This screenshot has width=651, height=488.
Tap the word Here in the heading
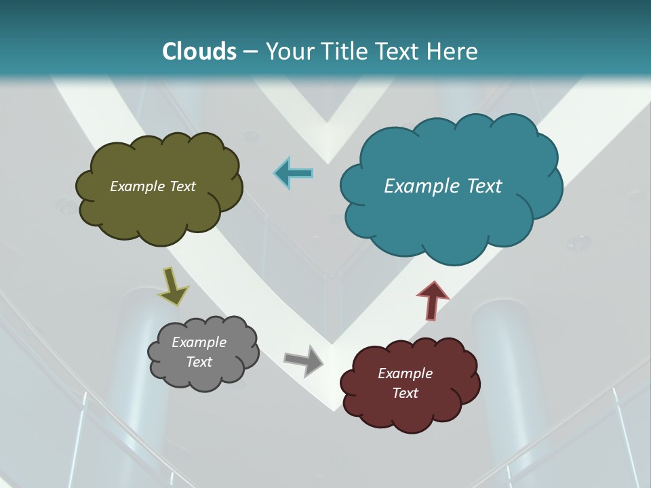pyautogui.click(x=452, y=52)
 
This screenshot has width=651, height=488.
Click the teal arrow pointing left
pyautogui.click(x=294, y=174)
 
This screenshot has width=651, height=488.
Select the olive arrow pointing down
pyautogui.click(x=173, y=285)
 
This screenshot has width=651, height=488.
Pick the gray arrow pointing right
pyautogui.click(x=303, y=360)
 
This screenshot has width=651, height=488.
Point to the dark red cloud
pyautogui.click(x=407, y=413)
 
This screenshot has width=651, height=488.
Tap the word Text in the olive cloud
pyautogui.click(x=182, y=186)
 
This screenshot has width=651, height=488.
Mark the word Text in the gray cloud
pyautogui.click(x=199, y=362)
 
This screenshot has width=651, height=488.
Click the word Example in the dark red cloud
pyautogui.click(x=405, y=373)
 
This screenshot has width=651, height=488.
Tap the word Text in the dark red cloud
pyautogui.click(x=405, y=393)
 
